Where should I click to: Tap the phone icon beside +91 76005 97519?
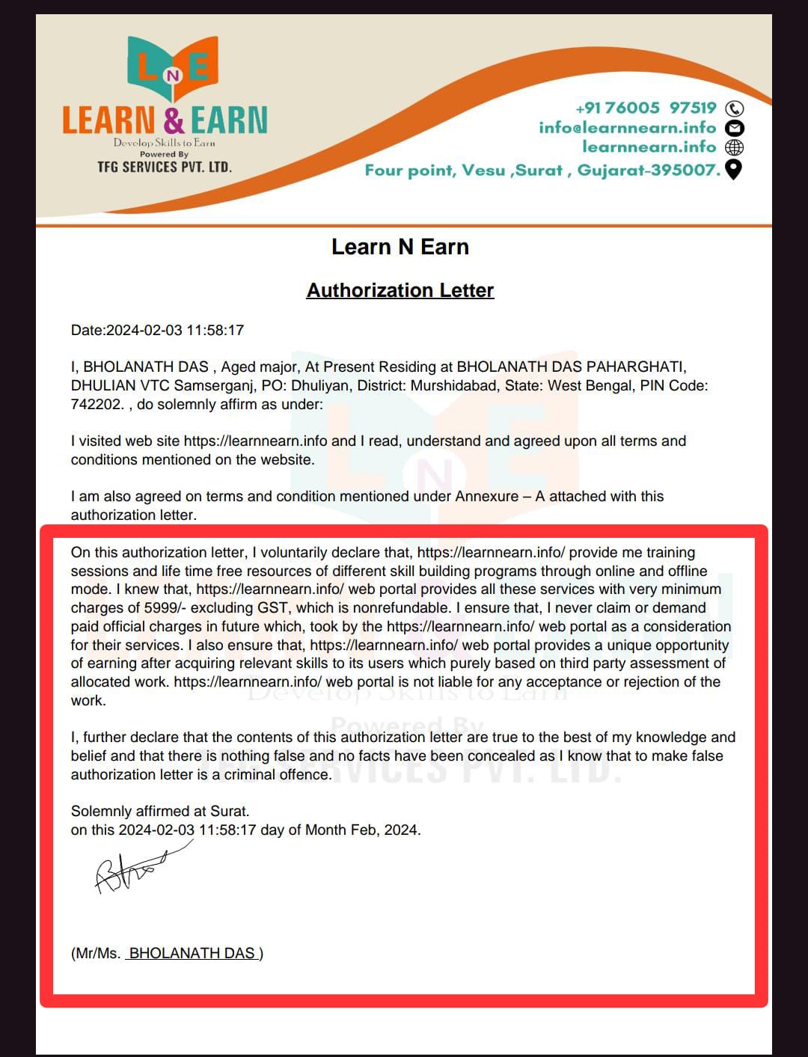pyautogui.click(x=735, y=108)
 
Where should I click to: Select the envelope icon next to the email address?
pyautogui.click(x=735, y=128)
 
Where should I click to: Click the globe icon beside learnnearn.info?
pyautogui.click(x=735, y=147)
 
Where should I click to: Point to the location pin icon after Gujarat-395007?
pyautogui.click(x=735, y=170)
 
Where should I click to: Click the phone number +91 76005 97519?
pyautogui.click(x=646, y=108)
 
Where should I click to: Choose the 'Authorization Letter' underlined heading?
pyautogui.click(x=400, y=290)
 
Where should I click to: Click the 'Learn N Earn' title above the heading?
pyautogui.click(x=400, y=247)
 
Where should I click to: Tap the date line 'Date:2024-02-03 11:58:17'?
pyautogui.click(x=157, y=330)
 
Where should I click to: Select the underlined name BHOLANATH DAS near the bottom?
pyautogui.click(x=192, y=953)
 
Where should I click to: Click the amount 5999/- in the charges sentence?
pyautogui.click(x=165, y=608)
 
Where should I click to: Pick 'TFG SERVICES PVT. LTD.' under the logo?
pyautogui.click(x=165, y=167)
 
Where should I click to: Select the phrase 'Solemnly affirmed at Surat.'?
pyautogui.click(x=160, y=811)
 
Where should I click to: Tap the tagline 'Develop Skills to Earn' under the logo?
pyautogui.click(x=165, y=142)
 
